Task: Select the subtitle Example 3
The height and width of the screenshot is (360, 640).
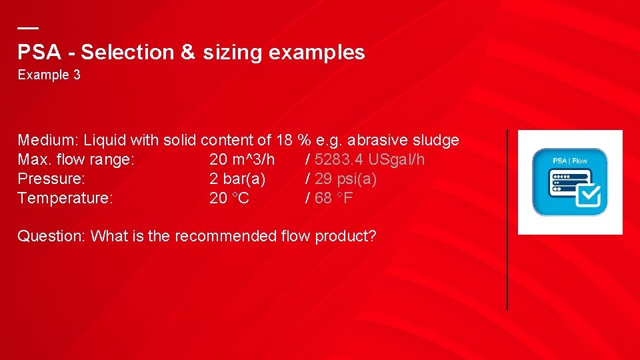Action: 49,75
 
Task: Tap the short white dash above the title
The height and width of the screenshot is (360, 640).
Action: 27,29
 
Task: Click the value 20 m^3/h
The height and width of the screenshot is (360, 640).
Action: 241,160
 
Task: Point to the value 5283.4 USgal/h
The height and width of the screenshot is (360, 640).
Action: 369,160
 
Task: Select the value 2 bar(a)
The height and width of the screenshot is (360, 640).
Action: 237,179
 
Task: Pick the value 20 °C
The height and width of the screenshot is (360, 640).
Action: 229,198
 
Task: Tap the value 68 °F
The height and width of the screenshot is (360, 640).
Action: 334,198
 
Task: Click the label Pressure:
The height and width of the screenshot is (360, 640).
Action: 51,179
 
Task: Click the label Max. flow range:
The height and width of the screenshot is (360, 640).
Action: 76,160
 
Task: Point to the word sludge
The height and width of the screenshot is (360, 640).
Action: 436,141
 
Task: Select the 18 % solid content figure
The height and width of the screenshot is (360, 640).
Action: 293,141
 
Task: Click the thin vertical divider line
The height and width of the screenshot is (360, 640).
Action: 507,220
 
